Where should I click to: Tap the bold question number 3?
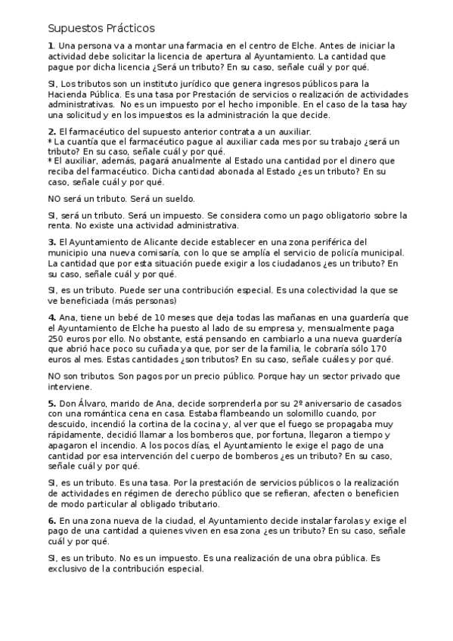50,241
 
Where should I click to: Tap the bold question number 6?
51,521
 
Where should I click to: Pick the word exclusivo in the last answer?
70,568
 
